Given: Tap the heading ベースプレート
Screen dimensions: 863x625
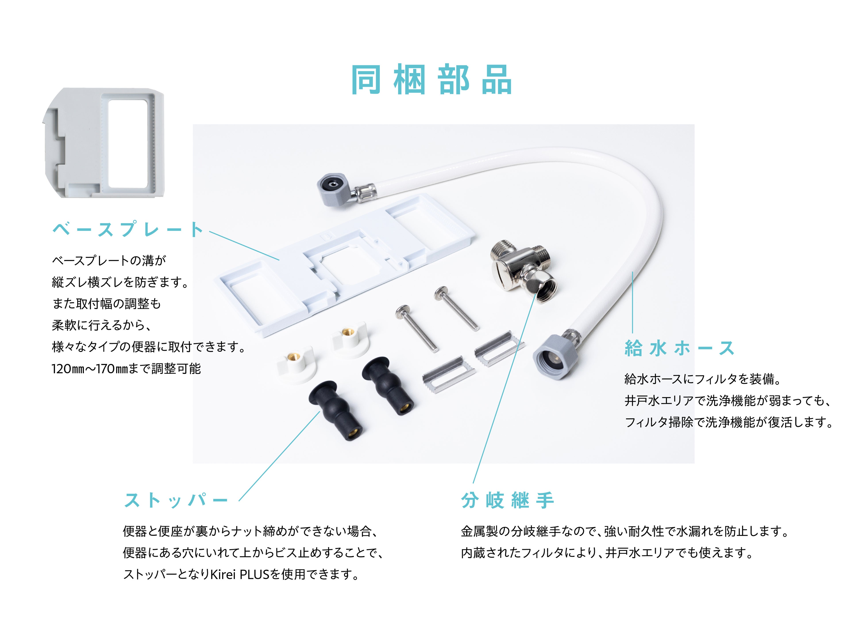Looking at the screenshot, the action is coord(128,229).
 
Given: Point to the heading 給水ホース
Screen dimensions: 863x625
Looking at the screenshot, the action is coord(679,348).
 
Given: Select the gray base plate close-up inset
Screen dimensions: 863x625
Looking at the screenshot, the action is coord(104,143).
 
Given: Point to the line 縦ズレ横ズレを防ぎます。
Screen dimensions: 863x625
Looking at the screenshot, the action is coord(120,282).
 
